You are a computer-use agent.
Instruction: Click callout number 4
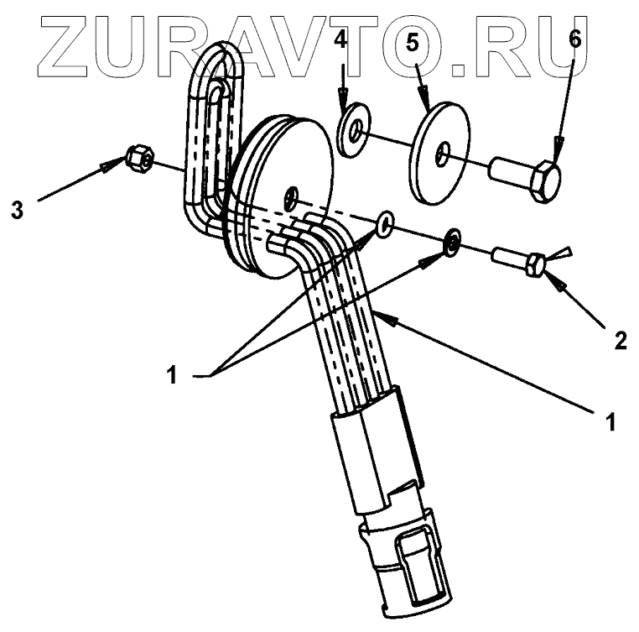(340, 39)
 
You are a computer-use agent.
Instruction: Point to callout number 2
(619, 340)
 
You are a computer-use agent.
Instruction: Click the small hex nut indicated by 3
(139, 157)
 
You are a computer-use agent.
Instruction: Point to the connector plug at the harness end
(403, 562)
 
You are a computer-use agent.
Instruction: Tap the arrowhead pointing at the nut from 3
(108, 166)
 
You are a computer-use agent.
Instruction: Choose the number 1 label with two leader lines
(172, 375)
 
